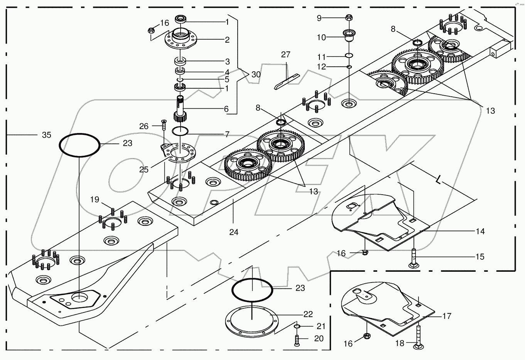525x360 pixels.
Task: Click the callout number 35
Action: pyautogui.click(x=46, y=135)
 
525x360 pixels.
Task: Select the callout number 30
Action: pyautogui.click(x=256, y=74)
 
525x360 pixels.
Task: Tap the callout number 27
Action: pyautogui.click(x=285, y=55)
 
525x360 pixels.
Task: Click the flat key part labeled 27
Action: pyautogui.click(x=285, y=81)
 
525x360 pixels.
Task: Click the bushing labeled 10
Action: pyautogui.click(x=349, y=37)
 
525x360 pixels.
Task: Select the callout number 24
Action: pyautogui.click(x=234, y=232)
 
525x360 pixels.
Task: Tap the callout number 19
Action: pyautogui.click(x=95, y=200)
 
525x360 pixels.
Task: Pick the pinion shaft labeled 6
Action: pyautogui.click(x=180, y=110)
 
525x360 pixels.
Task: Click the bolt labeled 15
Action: pyautogui.click(x=413, y=259)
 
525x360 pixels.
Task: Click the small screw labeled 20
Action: pyautogui.click(x=296, y=340)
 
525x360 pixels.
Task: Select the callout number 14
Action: pyautogui.click(x=480, y=231)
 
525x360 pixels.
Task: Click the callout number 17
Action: pyautogui.click(x=447, y=316)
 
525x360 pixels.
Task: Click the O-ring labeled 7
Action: pyautogui.click(x=180, y=131)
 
